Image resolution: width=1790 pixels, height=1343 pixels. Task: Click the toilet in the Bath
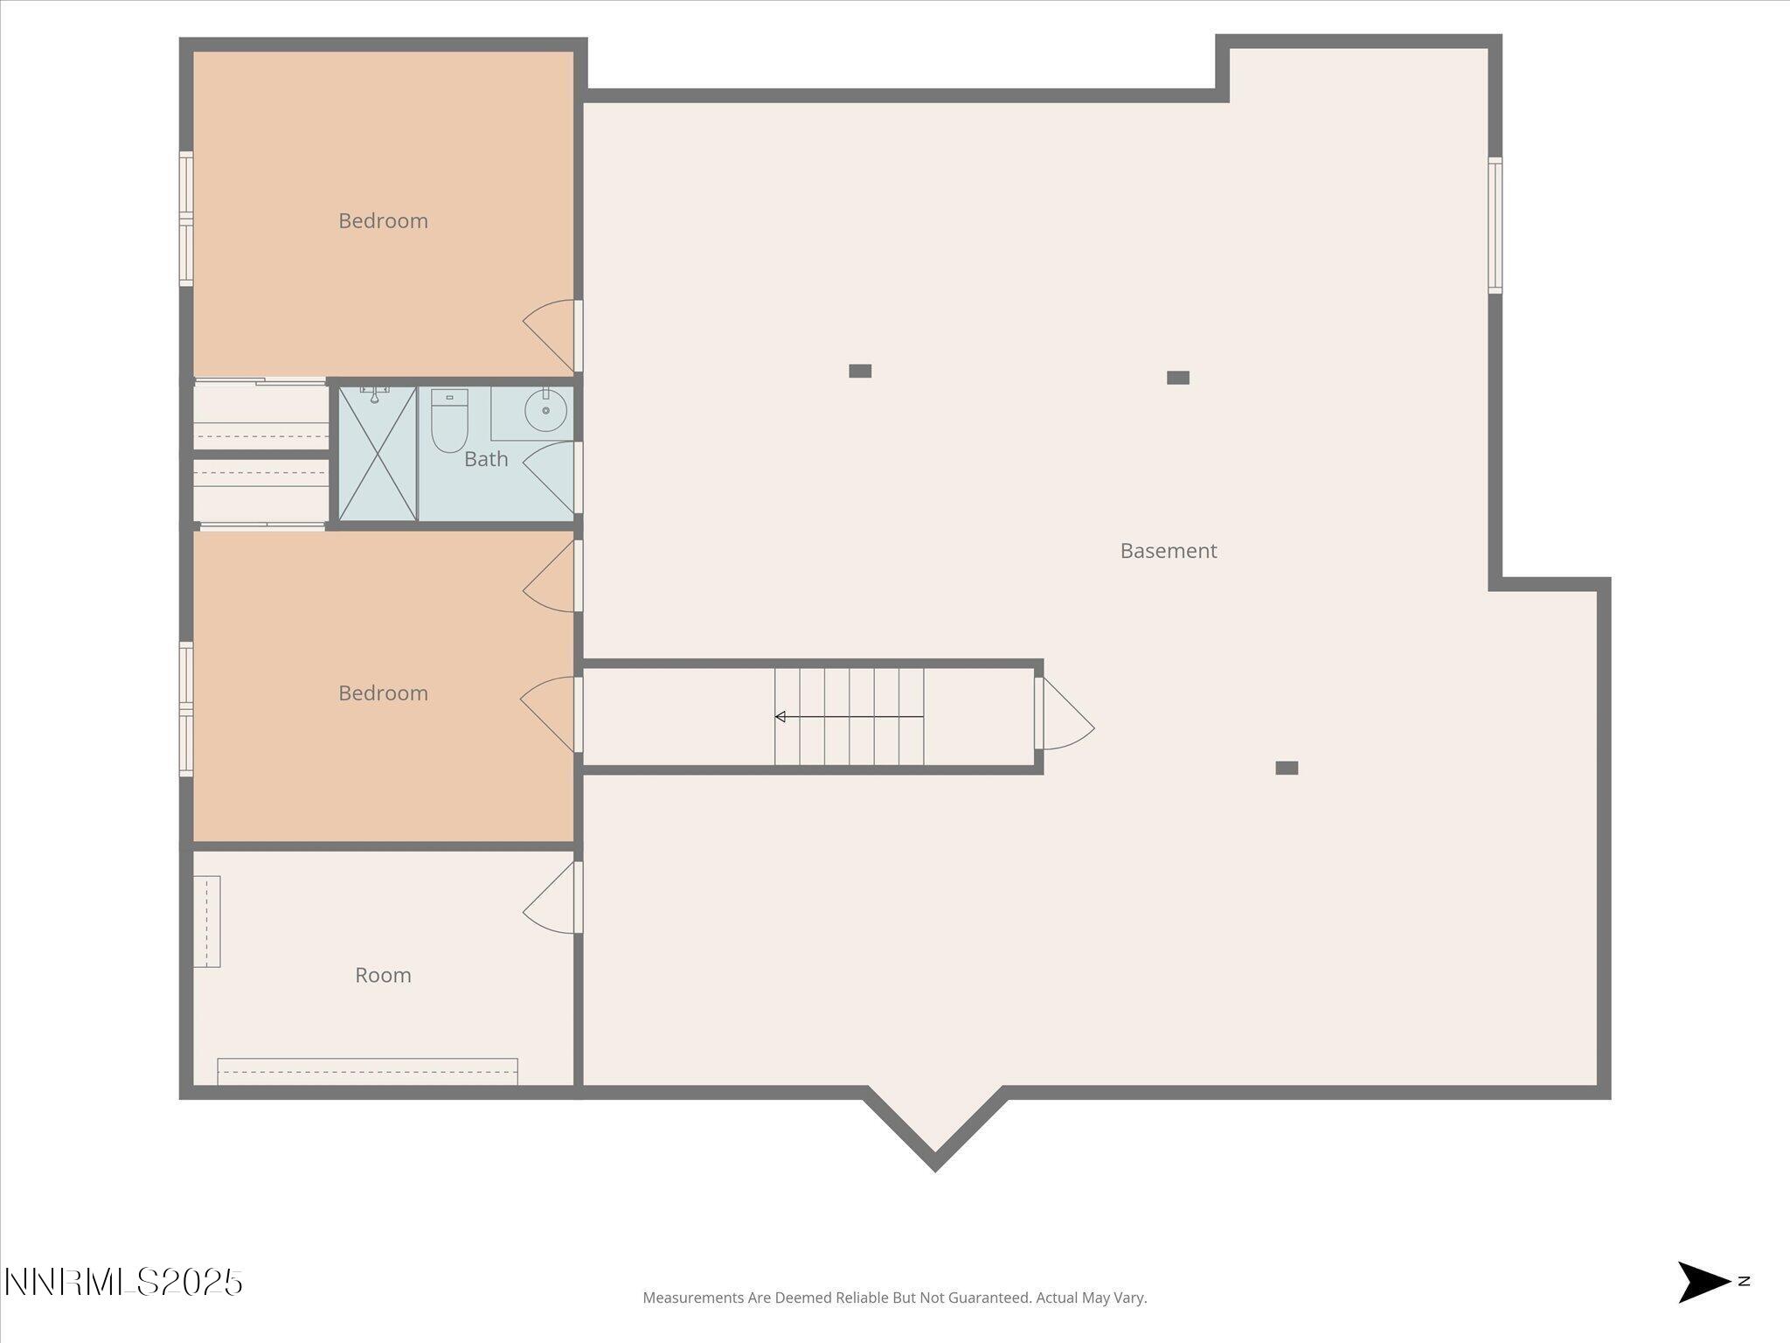point(449,421)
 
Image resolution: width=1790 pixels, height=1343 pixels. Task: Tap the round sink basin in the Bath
point(545,410)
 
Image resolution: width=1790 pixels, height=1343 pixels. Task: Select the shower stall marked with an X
point(378,454)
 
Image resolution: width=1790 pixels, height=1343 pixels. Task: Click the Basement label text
point(1168,551)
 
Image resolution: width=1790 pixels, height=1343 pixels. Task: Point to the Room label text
point(383,975)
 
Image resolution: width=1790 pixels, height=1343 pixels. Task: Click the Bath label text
point(486,459)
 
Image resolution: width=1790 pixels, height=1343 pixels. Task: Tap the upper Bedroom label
point(383,221)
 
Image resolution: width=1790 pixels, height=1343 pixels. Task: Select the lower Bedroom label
point(383,693)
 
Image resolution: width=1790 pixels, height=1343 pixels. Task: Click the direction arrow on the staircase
point(848,717)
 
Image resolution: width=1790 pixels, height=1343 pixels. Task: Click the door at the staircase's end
point(1065,714)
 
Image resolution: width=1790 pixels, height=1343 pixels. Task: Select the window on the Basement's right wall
point(1495,226)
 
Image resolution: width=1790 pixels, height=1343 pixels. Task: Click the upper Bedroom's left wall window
point(186,219)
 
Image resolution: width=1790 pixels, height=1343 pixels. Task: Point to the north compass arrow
point(1703,1283)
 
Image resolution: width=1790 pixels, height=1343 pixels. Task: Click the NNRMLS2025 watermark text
point(123,1283)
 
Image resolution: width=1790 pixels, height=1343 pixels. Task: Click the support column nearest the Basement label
point(1177,378)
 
